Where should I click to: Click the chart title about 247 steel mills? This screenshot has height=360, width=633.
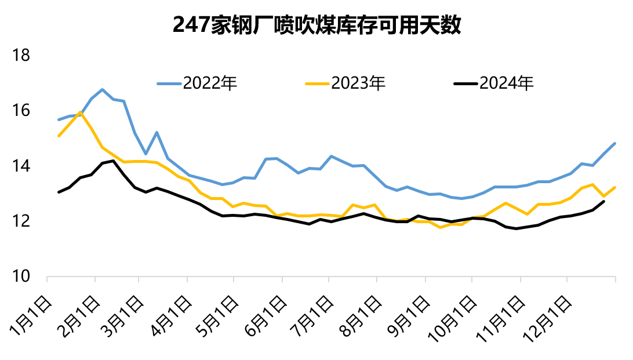tap(316, 25)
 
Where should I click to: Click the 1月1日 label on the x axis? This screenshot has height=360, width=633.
tap(31, 317)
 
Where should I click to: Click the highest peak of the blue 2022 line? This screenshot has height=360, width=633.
tap(102, 89)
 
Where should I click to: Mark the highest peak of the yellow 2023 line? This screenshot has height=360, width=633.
tap(80, 112)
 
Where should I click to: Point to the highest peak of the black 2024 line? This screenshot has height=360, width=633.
tap(114, 161)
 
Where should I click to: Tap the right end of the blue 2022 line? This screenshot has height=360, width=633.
tap(614, 143)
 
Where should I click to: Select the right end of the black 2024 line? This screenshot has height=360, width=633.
tap(604, 201)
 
